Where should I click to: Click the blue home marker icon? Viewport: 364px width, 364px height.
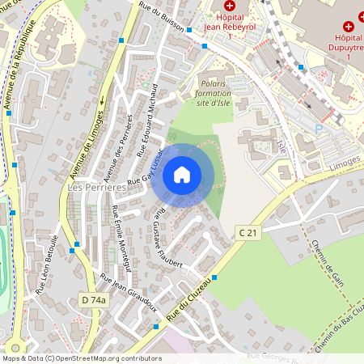(x=182, y=174)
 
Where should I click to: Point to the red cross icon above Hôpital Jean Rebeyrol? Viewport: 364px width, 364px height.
(x=229, y=6)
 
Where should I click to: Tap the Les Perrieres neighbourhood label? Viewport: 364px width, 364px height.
(x=97, y=188)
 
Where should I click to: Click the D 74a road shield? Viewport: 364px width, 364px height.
(x=94, y=300)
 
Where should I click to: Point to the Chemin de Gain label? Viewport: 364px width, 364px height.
(x=328, y=263)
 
